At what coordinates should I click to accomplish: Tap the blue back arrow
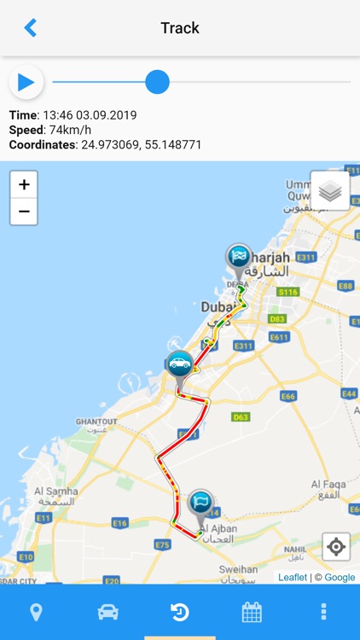click(x=31, y=28)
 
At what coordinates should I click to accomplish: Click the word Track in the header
click(x=180, y=28)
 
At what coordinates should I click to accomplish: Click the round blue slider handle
click(x=157, y=82)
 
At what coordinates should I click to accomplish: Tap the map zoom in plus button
click(x=24, y=184)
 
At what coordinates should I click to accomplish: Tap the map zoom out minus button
click(x=24, y=211)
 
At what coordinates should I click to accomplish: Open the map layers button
click(x=330, y=191)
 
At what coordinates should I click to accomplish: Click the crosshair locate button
click(x=336, y=546)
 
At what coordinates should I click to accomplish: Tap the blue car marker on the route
click(x=179, y=364)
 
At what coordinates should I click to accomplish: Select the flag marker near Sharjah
click(x=239, y=257)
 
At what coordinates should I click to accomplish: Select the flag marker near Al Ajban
click(x=200, y=503)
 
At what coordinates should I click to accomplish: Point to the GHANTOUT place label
click(x=96, y=422)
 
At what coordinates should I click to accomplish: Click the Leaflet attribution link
click(x=293, y=578)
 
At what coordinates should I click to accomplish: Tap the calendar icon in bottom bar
click(x=252, y=612)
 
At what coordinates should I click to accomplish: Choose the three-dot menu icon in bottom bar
click(x=323, y=612)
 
